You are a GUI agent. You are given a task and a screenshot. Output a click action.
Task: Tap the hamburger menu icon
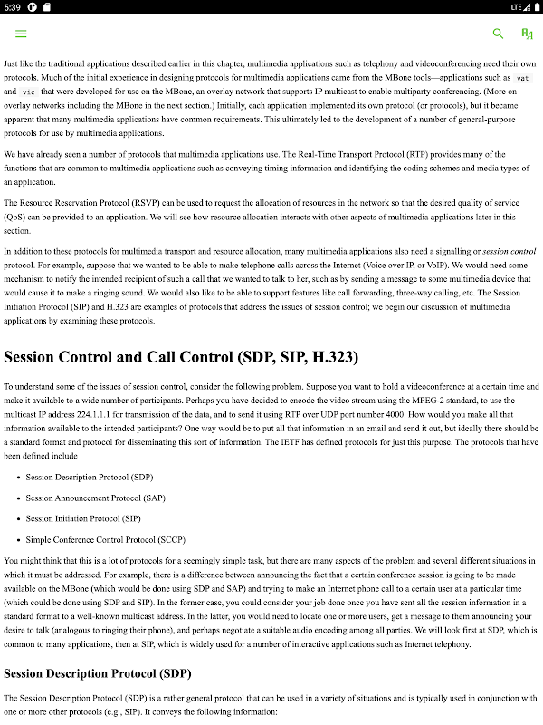click(21, 34)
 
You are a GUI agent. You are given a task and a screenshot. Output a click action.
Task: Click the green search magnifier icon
click(498, 34)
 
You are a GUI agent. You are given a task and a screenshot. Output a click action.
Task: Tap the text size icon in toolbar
click(527, 34)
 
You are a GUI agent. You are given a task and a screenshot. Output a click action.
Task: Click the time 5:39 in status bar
click(14, 7)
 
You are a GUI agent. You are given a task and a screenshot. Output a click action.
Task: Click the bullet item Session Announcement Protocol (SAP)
click(95, 498)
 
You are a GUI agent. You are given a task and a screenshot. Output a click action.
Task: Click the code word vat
click(521, 78)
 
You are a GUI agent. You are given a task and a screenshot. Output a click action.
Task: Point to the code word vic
click(29, 92)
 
